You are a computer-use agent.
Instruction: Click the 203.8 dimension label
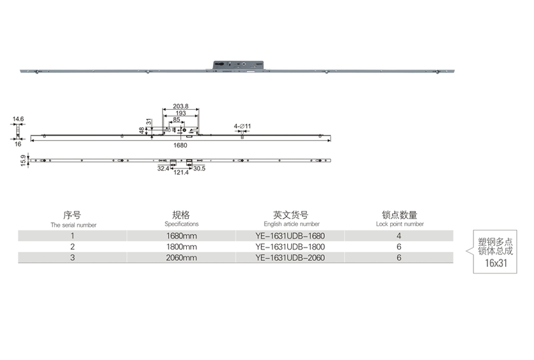point(181,106)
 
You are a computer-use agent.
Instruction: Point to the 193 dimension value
point(181,113)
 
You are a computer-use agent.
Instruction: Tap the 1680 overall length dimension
point(180,146)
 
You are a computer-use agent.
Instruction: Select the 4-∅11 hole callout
point(242,127)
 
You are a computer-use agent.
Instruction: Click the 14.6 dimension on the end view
point(18,119)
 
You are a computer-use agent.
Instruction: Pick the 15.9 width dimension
point(23,160)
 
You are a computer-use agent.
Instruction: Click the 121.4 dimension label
point(181,173)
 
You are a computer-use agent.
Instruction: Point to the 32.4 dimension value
point(163,169)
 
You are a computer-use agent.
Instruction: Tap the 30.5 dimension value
point(199,169)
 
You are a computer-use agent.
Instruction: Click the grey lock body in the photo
point(238,66)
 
